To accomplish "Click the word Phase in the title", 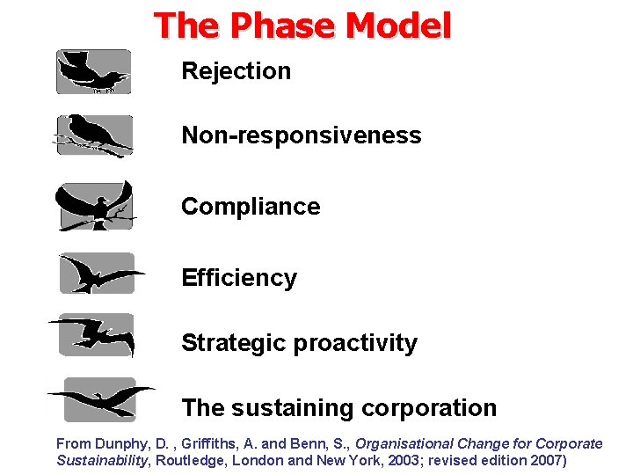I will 280,26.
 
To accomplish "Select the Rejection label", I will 236,71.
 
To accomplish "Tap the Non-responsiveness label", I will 301,135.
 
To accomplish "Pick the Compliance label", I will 251,207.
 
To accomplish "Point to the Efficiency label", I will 239,278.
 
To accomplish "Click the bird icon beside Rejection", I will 93,72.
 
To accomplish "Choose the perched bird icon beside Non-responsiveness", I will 93,136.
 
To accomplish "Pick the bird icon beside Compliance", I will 95,207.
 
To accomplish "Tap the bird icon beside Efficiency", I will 98,274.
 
